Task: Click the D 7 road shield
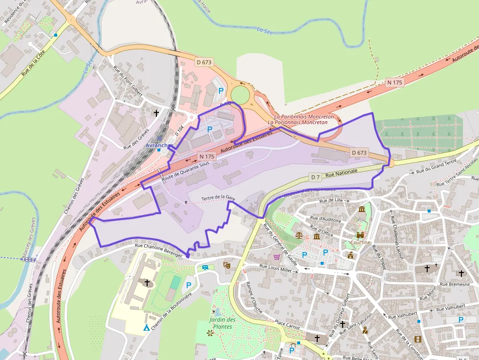tap(315, 177)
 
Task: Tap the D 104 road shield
tap(179, 130)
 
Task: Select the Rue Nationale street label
tap(341, 172)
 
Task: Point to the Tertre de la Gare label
tap(218, 197)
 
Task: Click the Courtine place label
tap(360, 242)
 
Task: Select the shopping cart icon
tap(277, 257)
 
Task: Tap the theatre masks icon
tap(226, 265)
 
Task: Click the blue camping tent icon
tap(146, 327)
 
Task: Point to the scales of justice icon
tap(299, 234)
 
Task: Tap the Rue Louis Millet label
tap(275, 268)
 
